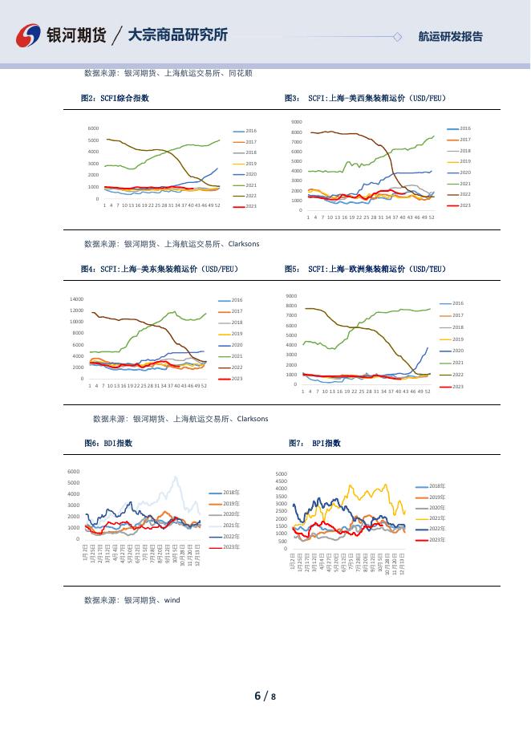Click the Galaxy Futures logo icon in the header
29,35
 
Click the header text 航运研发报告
451,36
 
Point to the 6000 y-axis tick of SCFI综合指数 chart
93,128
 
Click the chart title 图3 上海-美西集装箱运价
365,99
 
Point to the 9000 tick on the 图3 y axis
296,122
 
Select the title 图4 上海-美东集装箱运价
159,269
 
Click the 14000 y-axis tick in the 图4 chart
77,298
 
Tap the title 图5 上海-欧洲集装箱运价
365,269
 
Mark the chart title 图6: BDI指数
108,443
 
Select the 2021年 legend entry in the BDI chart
231,525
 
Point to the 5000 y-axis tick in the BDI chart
74,483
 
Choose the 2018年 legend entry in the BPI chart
436,486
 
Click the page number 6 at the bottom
257,696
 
